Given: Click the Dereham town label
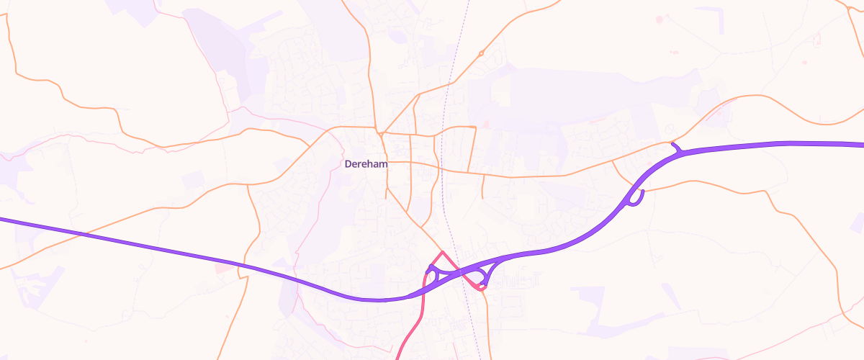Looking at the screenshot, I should [366, 164].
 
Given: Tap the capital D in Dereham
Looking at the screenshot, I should [348, 164].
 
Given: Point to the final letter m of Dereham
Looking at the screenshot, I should [384, 164].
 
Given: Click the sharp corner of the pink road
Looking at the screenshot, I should [442, 252].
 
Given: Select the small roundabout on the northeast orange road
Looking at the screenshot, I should [481, 53].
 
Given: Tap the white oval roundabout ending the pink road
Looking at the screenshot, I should [482, 287].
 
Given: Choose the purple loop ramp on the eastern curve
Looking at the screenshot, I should [635, 198].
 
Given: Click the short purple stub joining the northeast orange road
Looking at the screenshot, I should [675, 147].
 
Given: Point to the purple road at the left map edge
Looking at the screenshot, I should [3, 219].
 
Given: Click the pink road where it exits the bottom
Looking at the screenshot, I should [399, 356].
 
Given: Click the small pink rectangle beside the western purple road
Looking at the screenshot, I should [225, 267].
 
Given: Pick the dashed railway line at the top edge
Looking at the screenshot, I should [468, 3].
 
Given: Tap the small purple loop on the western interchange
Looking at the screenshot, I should [432, 274].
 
